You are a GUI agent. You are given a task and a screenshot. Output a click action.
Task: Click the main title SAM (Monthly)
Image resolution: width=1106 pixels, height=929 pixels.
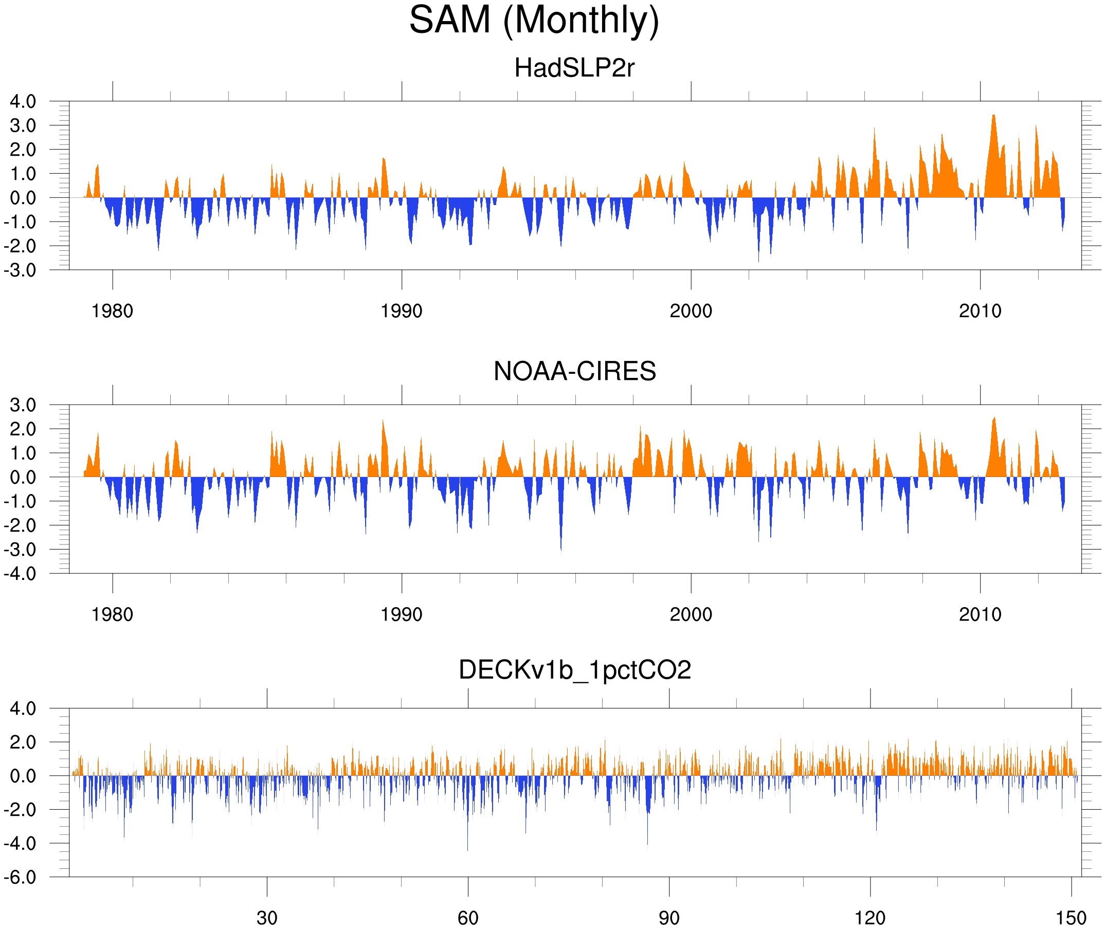[534, 20]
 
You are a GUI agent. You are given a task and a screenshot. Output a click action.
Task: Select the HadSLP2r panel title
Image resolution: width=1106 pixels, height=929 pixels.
[574, 68]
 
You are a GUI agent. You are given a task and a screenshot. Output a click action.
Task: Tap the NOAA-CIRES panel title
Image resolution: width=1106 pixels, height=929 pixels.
[574, 371]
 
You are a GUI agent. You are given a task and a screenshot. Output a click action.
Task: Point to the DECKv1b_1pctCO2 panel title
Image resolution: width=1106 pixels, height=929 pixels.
[574, 670]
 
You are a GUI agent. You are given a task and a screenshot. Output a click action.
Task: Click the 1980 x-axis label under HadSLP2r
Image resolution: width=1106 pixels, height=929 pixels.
[112, 311]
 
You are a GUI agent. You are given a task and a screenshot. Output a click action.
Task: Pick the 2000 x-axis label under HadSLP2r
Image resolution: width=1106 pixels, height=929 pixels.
[691, 311]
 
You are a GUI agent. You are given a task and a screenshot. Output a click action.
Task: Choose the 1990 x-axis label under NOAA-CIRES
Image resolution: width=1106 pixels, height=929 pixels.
[402, 614]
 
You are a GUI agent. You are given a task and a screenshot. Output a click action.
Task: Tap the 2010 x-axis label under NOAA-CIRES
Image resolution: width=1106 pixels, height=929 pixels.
[980, 614]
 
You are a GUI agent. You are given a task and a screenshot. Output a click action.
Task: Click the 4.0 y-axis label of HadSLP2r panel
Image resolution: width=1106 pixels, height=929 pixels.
[23, 102]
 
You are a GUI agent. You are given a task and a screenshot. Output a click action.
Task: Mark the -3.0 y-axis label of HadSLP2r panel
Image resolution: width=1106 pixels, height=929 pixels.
[20, 270]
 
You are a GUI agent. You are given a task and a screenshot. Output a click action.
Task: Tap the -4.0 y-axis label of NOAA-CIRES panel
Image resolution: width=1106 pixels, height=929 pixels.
[20, 574]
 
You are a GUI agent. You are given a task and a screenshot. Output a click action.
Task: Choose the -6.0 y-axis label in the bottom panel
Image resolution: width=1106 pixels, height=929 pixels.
[20, 878]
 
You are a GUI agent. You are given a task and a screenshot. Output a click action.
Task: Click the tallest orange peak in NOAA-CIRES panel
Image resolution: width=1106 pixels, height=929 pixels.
[994, 419]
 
